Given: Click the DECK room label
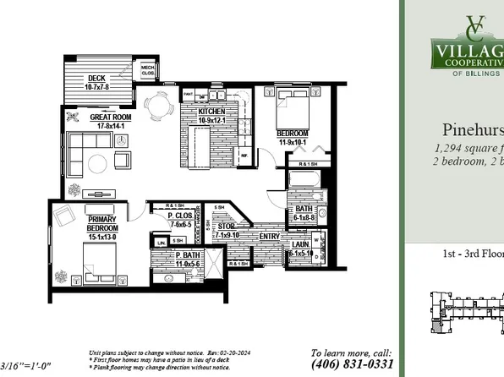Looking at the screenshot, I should pyautogui.click(x=95, y=82).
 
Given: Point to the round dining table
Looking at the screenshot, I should pyautogui.click(x=159, y=105).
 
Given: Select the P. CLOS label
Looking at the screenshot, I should pyautogui.click(x=180, y=221).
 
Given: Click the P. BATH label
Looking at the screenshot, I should pyautogui.click(x=188, y=260).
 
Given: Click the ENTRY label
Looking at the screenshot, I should pyautogui.click(x=270, y=236).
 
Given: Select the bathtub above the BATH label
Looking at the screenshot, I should pyautogui.click(x=302, y=183).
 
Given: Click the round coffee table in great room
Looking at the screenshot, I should pyautogui.click(x=101, y=161).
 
